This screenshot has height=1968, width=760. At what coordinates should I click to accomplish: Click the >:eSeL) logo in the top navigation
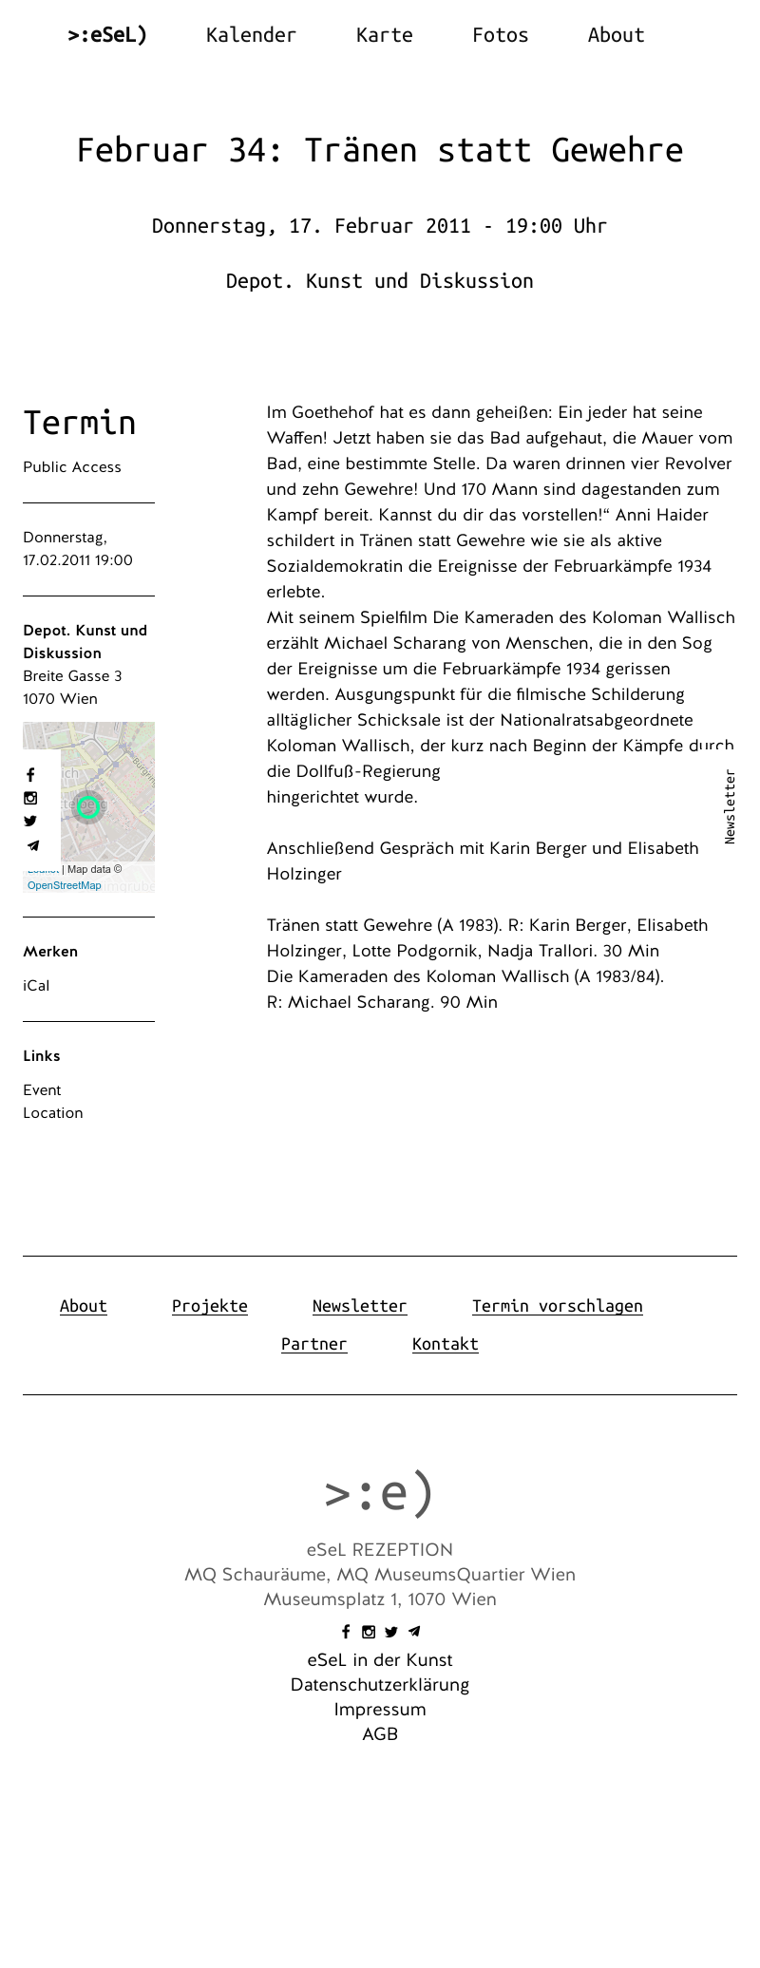pyautogui.click(x=107, y=35)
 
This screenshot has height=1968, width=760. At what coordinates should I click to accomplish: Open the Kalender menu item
pyautogui.click(x=251, y=35)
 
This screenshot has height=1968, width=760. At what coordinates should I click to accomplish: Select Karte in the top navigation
pyautogui.click(x=384, y=35)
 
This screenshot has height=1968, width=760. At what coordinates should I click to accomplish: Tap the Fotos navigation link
pyautogui.click(x=500, y=35)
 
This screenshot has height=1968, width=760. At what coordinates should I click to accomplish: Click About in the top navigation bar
pyautogui.click(x=616, y=35)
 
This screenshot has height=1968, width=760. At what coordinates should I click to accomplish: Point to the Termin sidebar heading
pyautogui.click(x=79, y=423)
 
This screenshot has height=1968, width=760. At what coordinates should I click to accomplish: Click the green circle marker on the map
pyautogui.click(x=88, y=807)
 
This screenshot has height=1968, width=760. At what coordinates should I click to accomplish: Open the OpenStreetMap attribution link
pyautogui.click(x=64, y=885)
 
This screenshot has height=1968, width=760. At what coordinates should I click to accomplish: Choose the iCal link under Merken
pyautogui.click(x=36, y=986)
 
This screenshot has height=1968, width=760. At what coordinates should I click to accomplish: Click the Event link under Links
pyautogui.click(x=42, y=1090)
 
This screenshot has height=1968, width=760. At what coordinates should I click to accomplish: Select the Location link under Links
pyautogui.click(x=53, y=1113)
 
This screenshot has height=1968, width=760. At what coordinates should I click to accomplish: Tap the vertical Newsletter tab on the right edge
pyautogui.click(x=730, y=806)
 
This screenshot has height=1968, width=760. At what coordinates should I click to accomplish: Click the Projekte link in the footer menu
pyautogui.click(x=209, y=1306)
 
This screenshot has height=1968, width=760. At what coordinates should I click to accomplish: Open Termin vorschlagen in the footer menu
pyautogui.click(x=557, y=1306)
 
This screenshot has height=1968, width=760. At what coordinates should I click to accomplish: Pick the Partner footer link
pyautogui.click(x=313, y=1344)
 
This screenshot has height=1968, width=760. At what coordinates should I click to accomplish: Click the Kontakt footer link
pyautogui.click(x=445, y=1344)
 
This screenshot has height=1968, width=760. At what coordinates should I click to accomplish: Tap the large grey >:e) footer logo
pyautogui.click(x=379, y=1492)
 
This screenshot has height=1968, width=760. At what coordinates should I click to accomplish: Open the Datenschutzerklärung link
pyautogui.click(x=380, y=1685)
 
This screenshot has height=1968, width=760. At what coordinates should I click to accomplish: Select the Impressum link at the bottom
pyautogui.click(x=380, y=1710)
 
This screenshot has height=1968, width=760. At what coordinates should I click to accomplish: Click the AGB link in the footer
pyautogui.click(x=380, y=1734)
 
